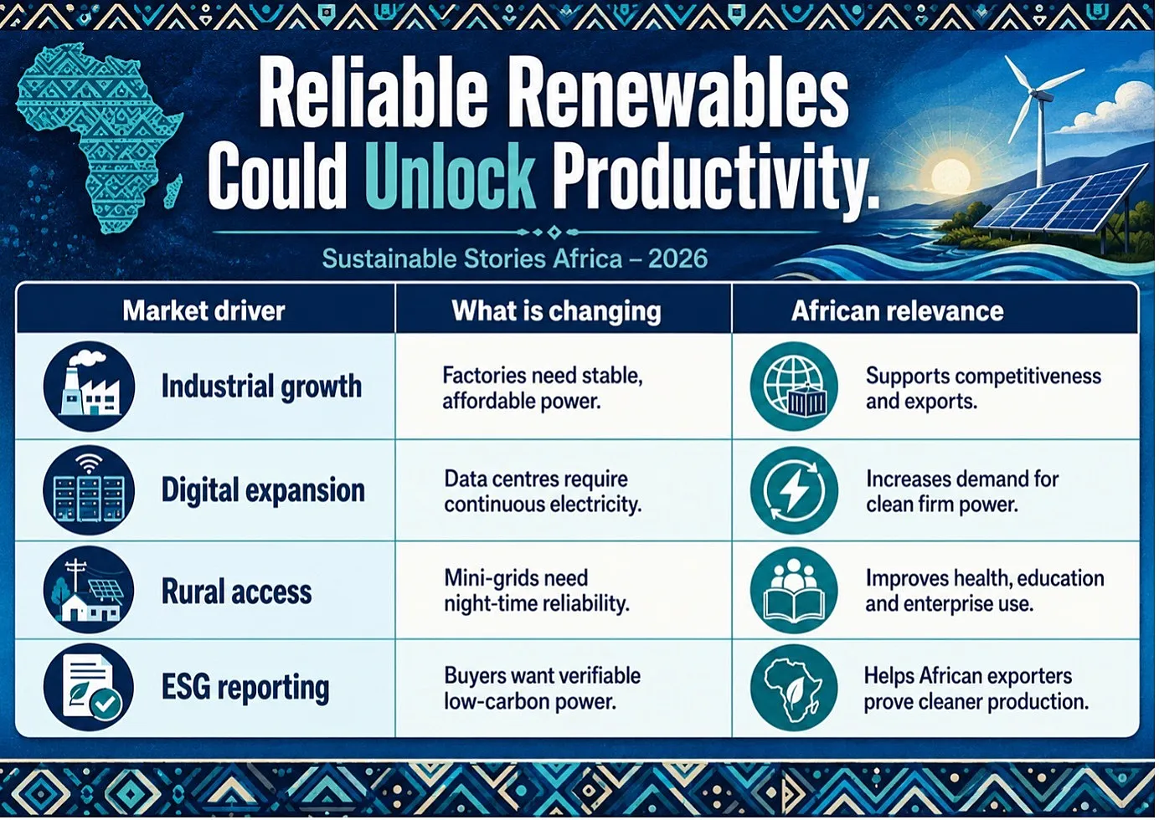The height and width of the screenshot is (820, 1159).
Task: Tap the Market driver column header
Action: click(203, 311)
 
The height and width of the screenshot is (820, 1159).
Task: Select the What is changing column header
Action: click(556, 311)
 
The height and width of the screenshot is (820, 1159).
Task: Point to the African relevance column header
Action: click(897, 311)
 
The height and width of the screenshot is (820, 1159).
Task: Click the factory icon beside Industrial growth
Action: click(90, 387)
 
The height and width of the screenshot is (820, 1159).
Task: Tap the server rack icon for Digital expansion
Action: click(89, 490)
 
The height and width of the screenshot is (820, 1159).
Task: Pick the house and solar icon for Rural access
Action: click(89, 591)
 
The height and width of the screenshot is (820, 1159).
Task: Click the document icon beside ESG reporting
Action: click(89, 688)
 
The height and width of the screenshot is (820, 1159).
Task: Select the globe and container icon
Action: click(794, 387)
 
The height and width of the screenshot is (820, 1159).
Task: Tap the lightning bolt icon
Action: click(794, 490)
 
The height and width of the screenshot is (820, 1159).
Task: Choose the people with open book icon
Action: click(794, 591)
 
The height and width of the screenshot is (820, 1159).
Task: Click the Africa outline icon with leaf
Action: click(794, 688)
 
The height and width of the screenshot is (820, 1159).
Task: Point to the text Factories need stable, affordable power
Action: click(543, 388)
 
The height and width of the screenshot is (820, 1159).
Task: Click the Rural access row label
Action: click(236, 592)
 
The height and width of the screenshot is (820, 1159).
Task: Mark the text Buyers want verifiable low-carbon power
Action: click(543, 689)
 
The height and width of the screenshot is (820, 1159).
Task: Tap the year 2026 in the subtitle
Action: click(677, 259)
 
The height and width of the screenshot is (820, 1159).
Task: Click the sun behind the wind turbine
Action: click(950, 176)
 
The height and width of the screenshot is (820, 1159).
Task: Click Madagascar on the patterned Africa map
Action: click(174, 189)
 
